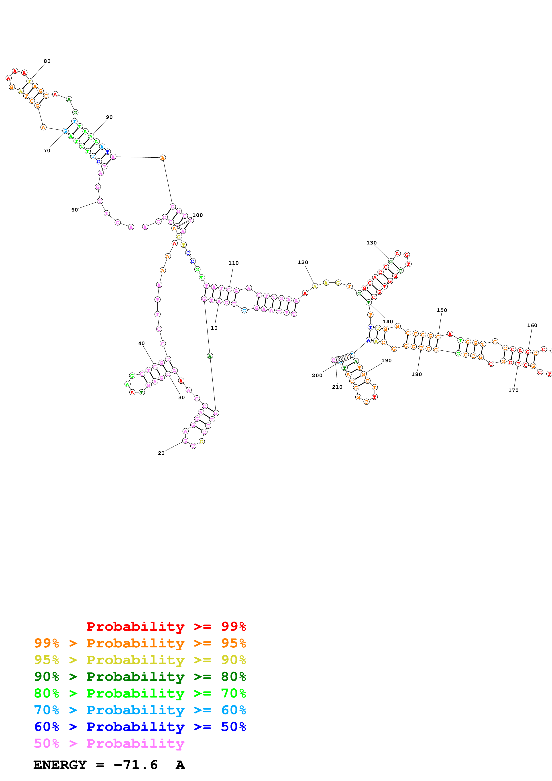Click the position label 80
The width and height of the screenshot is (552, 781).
tap(47, 61)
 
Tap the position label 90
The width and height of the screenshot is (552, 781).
tap(109, 117)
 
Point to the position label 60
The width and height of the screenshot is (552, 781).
tap(75, 210)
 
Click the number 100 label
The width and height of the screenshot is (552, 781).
tap(198, 215)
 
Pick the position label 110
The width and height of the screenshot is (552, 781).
tap(233, 263)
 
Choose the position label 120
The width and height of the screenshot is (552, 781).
tap(303, 262)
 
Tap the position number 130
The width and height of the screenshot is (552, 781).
tap(371, 243)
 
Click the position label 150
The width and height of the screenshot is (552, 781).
tap(442, 310)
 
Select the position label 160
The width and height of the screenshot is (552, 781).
tap(532, 325)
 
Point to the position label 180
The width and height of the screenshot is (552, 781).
tap(417, 374)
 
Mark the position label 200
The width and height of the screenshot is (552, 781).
tap(317, 376)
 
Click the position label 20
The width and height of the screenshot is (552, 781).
tap(161, 453)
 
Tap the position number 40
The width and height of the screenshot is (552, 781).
tap(141, 344)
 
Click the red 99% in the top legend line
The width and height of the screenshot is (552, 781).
tap(233, 626)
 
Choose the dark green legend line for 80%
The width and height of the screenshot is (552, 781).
tap(140, 677)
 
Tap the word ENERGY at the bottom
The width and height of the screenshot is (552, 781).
tap(60, 765)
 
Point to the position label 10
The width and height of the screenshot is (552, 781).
tap(214, 328)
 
